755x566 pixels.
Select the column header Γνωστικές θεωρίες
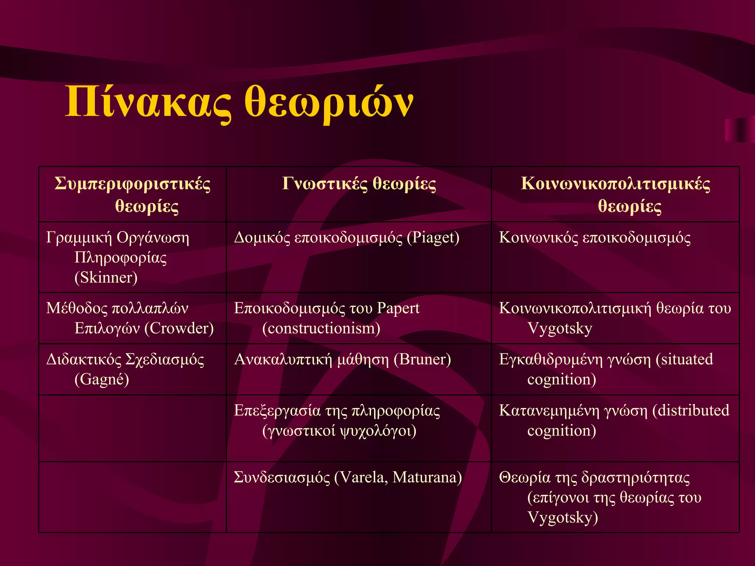tap(359, 184)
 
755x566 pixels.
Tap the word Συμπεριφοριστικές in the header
tap(133, 184)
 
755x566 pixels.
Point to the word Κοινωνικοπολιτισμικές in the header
tap(615, 184)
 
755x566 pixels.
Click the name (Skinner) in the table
tap(106, 277)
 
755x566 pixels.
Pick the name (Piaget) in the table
tap(433, 238)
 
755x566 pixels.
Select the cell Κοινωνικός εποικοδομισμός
tap(595, 238)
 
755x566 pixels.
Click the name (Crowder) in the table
tap(179, 328)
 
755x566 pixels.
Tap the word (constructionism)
tap(321, 328)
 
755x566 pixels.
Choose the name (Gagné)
tap(102, 379)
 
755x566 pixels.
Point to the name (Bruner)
tap(422, 360)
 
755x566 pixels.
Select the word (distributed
tap(691, 410)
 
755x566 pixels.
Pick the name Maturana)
tap(427, 478)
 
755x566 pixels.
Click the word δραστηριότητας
tap(636, 478)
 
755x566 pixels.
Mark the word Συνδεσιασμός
tap(282, 478)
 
